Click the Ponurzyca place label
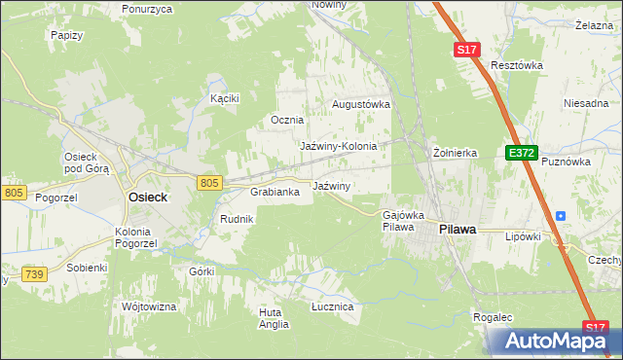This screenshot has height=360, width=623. coord(147,9)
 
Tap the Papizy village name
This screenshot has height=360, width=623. coord(65,34)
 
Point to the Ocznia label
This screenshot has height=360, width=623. coord(287,121)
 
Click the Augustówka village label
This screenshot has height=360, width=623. coord(361,103)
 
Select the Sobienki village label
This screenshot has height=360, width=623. coord(87,267)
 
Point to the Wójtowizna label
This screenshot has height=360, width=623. coord(149,306)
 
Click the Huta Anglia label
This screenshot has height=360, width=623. coord(275,318)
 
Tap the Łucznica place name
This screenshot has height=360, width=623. coord(332,306)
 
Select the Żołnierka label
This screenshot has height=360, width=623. coord(455,153)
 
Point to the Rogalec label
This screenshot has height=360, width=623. coord(493,317)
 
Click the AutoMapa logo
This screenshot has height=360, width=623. coord(554,342)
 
